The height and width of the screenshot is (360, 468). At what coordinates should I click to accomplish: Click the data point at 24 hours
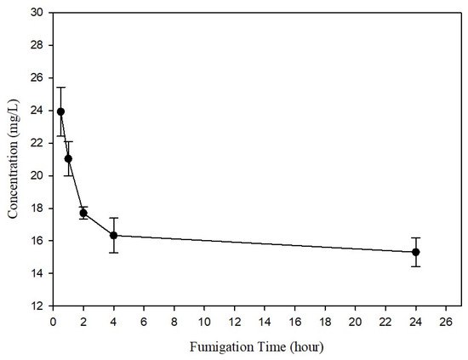pos(415,252)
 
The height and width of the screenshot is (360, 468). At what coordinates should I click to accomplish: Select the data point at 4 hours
pos(113,235)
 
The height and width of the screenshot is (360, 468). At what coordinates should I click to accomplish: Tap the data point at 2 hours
pos(83,213)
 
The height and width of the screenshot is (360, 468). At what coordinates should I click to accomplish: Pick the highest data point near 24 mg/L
pos(60,111)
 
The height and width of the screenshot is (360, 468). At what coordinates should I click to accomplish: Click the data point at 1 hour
pos(68,158)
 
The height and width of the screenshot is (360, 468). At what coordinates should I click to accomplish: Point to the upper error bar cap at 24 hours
pos(415,237)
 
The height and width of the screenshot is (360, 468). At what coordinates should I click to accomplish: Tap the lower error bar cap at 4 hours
pos(113,253)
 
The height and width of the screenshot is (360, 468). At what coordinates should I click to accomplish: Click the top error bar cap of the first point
pos(60,87)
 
